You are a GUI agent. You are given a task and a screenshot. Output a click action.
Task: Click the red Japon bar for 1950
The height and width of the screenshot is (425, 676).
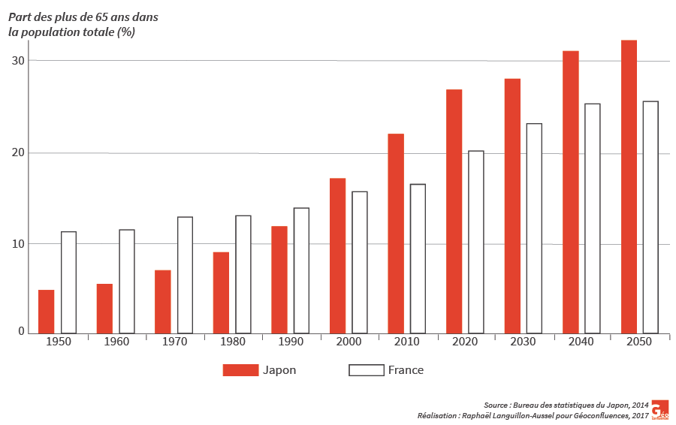pyautogui.click(x=46, y=312)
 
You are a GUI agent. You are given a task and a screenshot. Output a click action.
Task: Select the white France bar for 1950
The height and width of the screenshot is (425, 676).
pyautogui.click(x=68, y=282)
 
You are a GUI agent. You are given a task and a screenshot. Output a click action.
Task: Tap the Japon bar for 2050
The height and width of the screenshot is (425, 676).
pyautogui.click(x=629, y=187)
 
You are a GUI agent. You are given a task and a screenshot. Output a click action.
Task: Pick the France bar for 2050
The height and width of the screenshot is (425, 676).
pyautogui.click(x=650, y=217)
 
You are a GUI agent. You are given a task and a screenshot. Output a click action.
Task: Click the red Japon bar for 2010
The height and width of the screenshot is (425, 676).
pyautogui.click(x=396, y=234)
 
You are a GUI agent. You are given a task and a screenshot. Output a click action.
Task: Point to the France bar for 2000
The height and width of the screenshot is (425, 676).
pyautogui.click(x=360, y=262)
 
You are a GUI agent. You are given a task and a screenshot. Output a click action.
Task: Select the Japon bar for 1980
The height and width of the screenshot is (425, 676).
pyautogui.click(x=221, y=293)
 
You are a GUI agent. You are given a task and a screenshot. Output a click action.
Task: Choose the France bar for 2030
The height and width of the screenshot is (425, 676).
pyautogui.click(x=534, y=228)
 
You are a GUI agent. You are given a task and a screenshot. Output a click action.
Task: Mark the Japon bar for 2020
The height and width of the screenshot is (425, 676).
pyautogui.click(x=454, y=211)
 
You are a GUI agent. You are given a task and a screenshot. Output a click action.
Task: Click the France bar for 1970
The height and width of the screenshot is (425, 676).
pyautogui.click(x=185, y=275)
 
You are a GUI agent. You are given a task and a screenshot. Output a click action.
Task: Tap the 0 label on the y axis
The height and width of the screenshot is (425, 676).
pyautogui.click(x=21, y=332)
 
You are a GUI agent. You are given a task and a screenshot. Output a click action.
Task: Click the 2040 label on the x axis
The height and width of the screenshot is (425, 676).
pyautogui.click(x=581, y=342)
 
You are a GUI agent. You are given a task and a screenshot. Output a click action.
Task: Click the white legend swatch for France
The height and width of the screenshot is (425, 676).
pyautogui.click(x=365, y=370)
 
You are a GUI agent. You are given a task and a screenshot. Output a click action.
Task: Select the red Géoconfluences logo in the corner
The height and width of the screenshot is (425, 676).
pyautogui.click(x=659, y=409)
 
